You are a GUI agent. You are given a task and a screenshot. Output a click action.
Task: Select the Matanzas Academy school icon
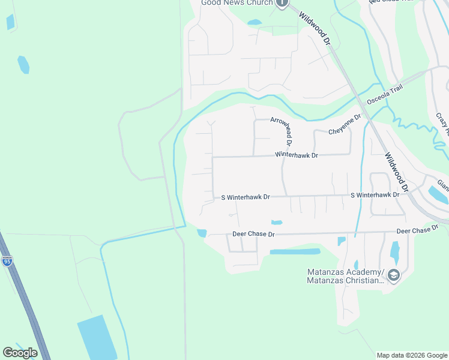(394, 275)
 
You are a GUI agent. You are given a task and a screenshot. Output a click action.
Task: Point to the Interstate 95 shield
(7, 260)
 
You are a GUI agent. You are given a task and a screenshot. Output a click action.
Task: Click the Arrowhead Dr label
(280, 132)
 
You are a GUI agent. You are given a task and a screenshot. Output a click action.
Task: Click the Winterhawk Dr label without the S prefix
(296, 155)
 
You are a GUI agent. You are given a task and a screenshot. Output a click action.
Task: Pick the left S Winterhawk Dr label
(246, 197)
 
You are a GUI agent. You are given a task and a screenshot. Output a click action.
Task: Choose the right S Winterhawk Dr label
(375, 195)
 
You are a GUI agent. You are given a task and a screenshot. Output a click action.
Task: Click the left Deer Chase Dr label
(253, 234)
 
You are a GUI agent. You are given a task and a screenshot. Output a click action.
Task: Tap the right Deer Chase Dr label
(417, 230)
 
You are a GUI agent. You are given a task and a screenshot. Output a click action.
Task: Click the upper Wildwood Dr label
(315, 30)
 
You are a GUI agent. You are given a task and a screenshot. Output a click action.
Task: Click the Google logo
(20, 353)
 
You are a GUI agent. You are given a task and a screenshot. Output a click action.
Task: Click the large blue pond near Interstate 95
(98, 338)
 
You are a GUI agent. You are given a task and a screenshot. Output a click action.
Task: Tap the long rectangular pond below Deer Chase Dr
(295, 251)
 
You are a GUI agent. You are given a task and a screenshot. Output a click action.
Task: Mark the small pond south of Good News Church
(255, 23)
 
